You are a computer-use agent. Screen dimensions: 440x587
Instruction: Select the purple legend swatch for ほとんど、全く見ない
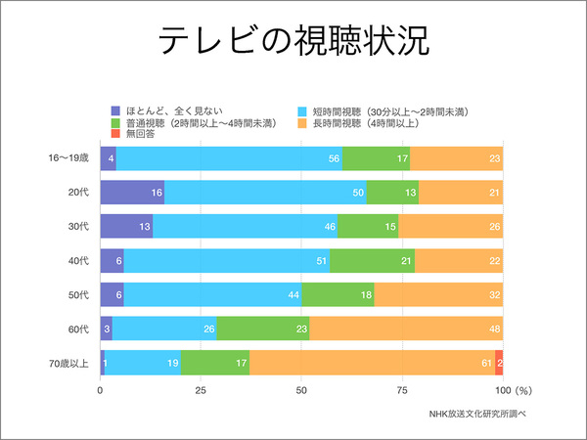point(116,110)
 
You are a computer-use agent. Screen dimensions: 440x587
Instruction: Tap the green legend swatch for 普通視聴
point(116,122)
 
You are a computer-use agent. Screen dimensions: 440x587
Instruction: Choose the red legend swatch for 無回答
point(116,134)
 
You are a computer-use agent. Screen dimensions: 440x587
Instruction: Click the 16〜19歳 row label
point(69,157)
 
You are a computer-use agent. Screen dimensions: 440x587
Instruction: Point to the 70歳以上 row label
point(69,363)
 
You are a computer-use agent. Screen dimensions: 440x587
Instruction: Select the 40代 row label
point(79,260)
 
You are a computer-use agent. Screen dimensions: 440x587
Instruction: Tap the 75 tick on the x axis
point(402,389)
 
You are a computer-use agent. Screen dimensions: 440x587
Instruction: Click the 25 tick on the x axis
point(201,389)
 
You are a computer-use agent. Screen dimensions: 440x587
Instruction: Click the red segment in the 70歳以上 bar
point(499,363)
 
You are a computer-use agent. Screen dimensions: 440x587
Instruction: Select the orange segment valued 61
point(372,363)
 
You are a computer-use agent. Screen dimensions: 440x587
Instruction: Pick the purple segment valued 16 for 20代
point(132,192)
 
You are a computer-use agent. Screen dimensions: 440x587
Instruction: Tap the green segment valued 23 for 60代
point(262,329)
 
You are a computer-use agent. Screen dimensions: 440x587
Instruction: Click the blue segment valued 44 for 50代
point(212,294)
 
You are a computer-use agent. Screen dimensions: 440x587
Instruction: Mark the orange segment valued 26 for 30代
point(450,226)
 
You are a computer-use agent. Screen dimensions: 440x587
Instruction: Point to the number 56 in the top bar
point(334,157)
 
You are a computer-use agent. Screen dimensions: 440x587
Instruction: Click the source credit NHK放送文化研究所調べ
point(477,413)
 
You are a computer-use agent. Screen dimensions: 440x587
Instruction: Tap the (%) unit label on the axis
point(522,389)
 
